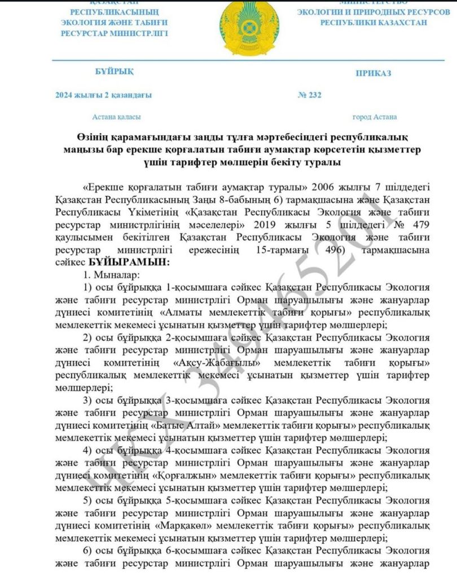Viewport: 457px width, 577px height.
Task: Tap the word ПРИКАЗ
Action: point(373,73)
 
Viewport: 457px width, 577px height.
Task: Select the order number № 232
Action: point(309,95)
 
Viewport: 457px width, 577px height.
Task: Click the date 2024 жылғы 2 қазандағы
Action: point(103,95)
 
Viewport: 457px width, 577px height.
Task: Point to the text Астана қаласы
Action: point(116,117)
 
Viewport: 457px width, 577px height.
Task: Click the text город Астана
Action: point(374,117)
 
